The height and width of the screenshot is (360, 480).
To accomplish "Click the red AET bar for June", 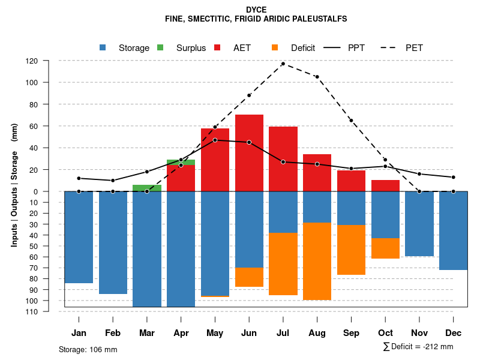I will click(249, 152).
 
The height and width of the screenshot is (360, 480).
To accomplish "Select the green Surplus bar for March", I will click(147, 188).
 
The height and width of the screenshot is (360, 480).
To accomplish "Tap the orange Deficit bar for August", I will click(317, 261).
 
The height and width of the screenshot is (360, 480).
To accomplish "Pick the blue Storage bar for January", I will click(79, 237).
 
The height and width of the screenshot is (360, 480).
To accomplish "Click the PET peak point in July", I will click(283, 64).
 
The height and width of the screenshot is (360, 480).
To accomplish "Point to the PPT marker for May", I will click(215, 140).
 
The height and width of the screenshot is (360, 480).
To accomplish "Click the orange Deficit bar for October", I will click(385, 248).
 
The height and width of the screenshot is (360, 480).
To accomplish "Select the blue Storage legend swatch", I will click(103, 47).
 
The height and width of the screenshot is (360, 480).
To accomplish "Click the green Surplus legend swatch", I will click(161, 47).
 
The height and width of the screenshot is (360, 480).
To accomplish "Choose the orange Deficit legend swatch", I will click(275, 47).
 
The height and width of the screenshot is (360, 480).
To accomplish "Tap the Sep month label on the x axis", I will click(351, 333).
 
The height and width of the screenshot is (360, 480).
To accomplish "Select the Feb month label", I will click(113, 333).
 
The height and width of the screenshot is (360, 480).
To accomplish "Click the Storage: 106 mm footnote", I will click(88, 349).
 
